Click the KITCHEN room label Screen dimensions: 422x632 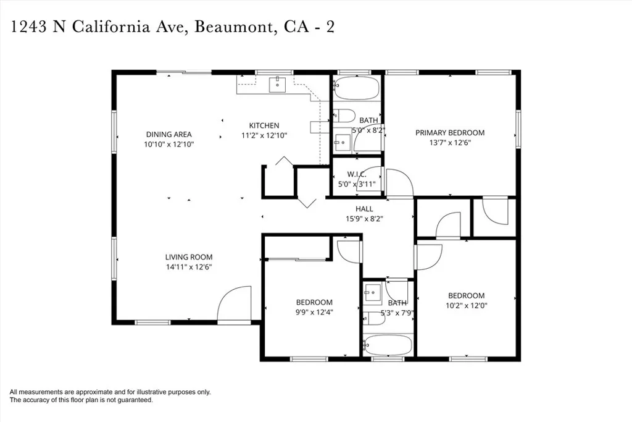click(x=264, y=125)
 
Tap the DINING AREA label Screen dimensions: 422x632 click(x=168, y=134)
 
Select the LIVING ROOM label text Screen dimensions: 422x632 click(x=188, y=257)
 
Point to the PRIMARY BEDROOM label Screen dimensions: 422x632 click(x=449, y=132)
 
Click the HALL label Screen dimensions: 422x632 click(x=364, y=209)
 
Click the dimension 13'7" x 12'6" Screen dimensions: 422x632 click(x=449, y=142)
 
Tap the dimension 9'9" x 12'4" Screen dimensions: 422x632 click(x=314, y=312)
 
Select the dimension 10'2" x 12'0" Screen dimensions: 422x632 click(x=466, y=305)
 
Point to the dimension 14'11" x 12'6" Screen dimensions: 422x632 click(x=188, y=267)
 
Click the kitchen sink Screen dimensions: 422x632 click(x=277, y=84)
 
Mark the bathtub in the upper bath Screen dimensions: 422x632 click(x=357, y=88)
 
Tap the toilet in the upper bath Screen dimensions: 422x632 click(x=343, y=116)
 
